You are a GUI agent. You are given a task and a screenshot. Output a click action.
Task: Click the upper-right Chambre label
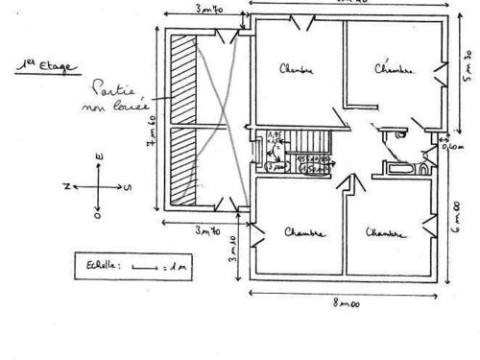click(x=393, y=68)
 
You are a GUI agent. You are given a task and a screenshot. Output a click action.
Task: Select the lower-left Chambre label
click(x=304, y=233)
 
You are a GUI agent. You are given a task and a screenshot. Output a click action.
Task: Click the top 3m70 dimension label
click(x=209, y=11)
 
